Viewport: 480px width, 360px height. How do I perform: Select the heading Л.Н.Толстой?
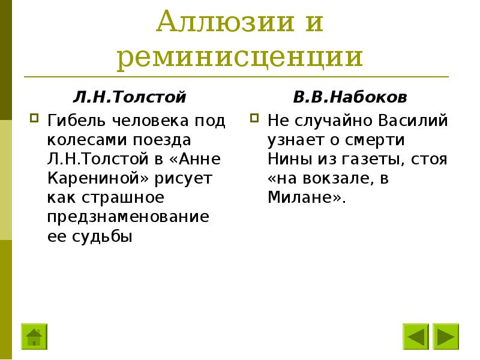coord(130,97)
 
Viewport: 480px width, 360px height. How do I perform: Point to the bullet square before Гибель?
coord(34,116)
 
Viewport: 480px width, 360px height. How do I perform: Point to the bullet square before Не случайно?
coord(255,116)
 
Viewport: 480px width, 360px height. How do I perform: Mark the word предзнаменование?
coord(128,217)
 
